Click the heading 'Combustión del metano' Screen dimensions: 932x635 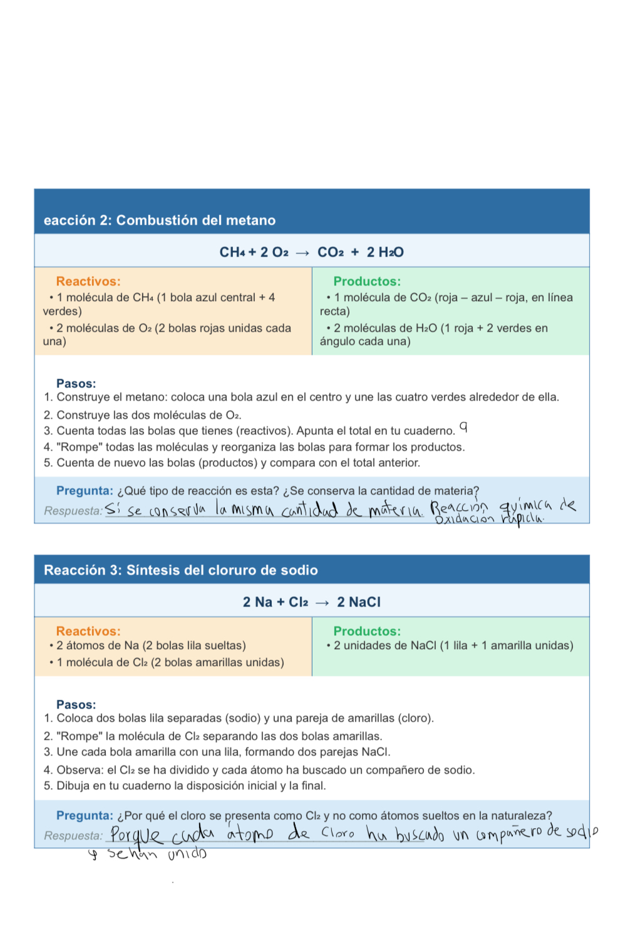[195, 220]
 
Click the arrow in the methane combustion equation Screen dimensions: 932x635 [302, 253]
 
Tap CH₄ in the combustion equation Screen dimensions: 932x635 [232, 252]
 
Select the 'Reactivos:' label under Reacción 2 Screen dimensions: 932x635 [88, 282]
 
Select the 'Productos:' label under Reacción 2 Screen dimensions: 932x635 [366, 282]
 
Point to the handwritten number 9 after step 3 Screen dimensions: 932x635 [463, 428]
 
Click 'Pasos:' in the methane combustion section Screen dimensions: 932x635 [76, 383]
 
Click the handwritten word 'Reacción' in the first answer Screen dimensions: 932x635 [458, 506]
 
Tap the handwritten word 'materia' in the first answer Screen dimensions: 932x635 [395, 510]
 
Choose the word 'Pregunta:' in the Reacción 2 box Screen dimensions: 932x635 [85, 491]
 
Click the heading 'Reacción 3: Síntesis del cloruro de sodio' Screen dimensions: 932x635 [180, 570]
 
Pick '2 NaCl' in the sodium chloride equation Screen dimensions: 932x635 [358, 602]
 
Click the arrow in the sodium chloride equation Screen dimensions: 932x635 [323, 603]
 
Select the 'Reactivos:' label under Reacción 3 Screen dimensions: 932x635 [88, 631]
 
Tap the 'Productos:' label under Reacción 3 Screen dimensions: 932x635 [366, 631]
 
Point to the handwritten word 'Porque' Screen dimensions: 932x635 [136, 836]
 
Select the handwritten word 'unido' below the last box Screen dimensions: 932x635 [187, 854]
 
